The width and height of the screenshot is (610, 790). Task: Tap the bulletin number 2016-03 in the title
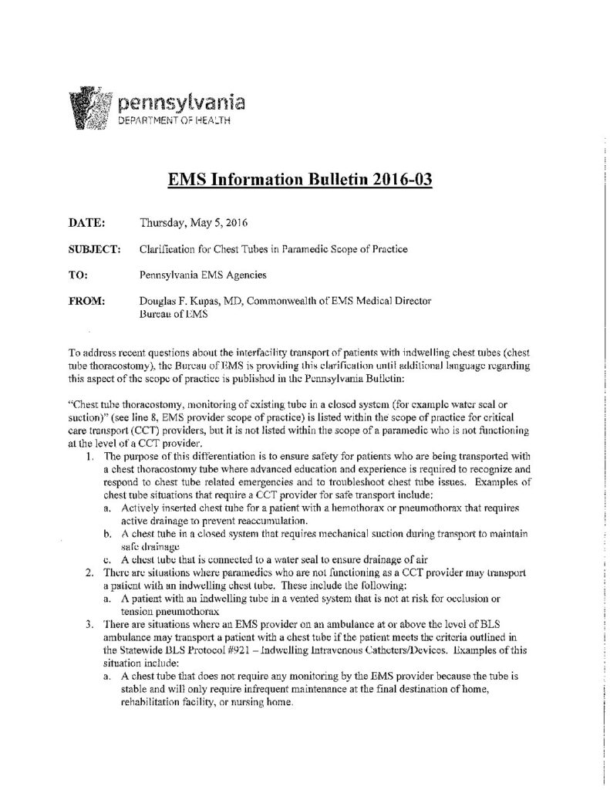[x=390, y=180]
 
